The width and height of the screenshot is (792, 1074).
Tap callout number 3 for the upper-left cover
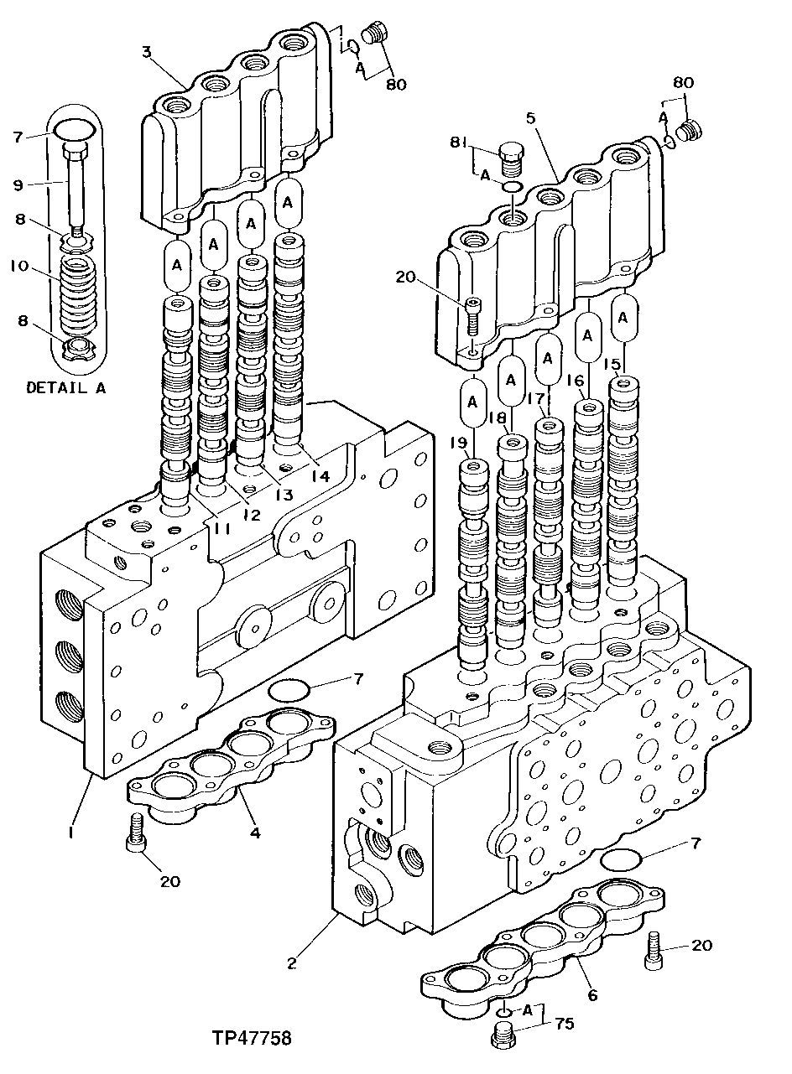pyautogui.click(x=146, y=53)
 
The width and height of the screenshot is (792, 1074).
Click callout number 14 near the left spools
pyautogui.click(x=320, y=475)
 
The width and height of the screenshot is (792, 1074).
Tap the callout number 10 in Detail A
pyautogui.click(x=19, y=266)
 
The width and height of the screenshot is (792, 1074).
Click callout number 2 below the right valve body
pyautogui.click(x=291, y=963)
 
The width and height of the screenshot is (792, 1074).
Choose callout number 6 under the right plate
pyautogui.click(x=592, y=995)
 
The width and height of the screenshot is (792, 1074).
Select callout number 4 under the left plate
pyautogui.click(x=255, y=833)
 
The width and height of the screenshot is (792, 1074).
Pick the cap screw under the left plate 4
pyautogui.click(x=137, y=833)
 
